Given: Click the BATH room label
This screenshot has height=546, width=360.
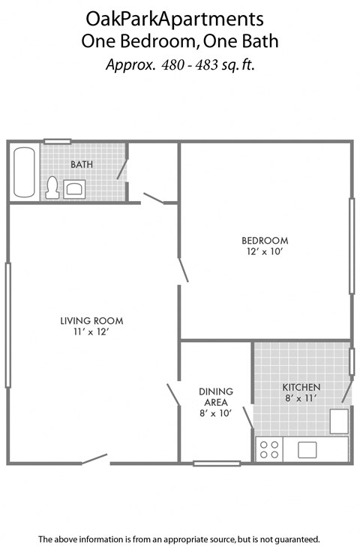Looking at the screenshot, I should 81,163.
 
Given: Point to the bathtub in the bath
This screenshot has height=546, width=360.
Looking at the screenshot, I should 24,172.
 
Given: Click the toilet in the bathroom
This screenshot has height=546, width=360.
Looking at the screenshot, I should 52,187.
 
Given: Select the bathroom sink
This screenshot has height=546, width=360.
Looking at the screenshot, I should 74,187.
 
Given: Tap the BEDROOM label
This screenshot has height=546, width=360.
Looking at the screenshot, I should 264,240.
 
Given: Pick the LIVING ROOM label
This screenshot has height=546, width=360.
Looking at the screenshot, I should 91,322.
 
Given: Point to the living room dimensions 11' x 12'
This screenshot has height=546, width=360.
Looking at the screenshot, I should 91,333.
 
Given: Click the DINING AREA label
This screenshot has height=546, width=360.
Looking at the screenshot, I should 216,396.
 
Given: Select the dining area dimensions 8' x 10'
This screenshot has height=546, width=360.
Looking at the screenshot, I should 216,412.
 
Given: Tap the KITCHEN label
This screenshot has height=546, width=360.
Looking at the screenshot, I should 301,387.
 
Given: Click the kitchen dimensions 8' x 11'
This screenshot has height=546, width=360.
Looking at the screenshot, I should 301,398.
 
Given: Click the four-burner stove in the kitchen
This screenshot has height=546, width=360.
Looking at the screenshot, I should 269,449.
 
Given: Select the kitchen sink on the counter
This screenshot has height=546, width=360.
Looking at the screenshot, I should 308,449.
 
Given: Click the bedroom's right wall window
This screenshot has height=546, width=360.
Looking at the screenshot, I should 351,245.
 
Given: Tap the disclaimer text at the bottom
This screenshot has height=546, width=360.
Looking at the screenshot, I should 179,538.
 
